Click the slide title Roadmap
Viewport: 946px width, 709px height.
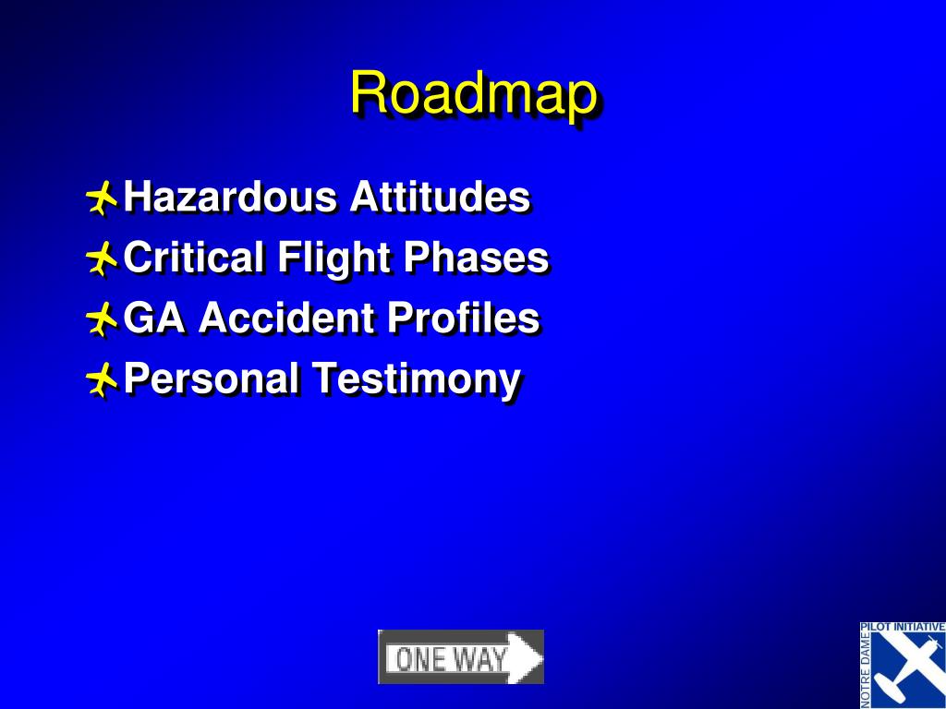click(474, 95)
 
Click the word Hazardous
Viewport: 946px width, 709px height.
click(230, 197)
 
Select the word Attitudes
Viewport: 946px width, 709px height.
click(440, 197)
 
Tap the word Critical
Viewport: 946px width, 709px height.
click(194, 257)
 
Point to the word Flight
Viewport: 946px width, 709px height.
click(334, 259)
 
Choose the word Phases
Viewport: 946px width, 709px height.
click(476, 257)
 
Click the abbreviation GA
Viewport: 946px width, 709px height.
click(154, 318)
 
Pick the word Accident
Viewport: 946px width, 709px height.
click(286, 318)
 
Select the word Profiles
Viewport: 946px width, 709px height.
click(464, 318)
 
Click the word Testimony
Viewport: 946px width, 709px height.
click(417, 380)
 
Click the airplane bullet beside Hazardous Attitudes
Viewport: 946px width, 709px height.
click(102, 198)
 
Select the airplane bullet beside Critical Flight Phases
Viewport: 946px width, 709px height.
click(102, 258)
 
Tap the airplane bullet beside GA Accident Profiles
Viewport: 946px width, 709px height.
click(102, 318)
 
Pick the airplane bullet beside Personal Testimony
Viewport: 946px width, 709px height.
click(102, 379)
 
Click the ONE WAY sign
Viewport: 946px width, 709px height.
click(461, 657)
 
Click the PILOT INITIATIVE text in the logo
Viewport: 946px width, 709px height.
click(903, 627)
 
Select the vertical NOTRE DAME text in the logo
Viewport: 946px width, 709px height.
click(866, 670)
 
